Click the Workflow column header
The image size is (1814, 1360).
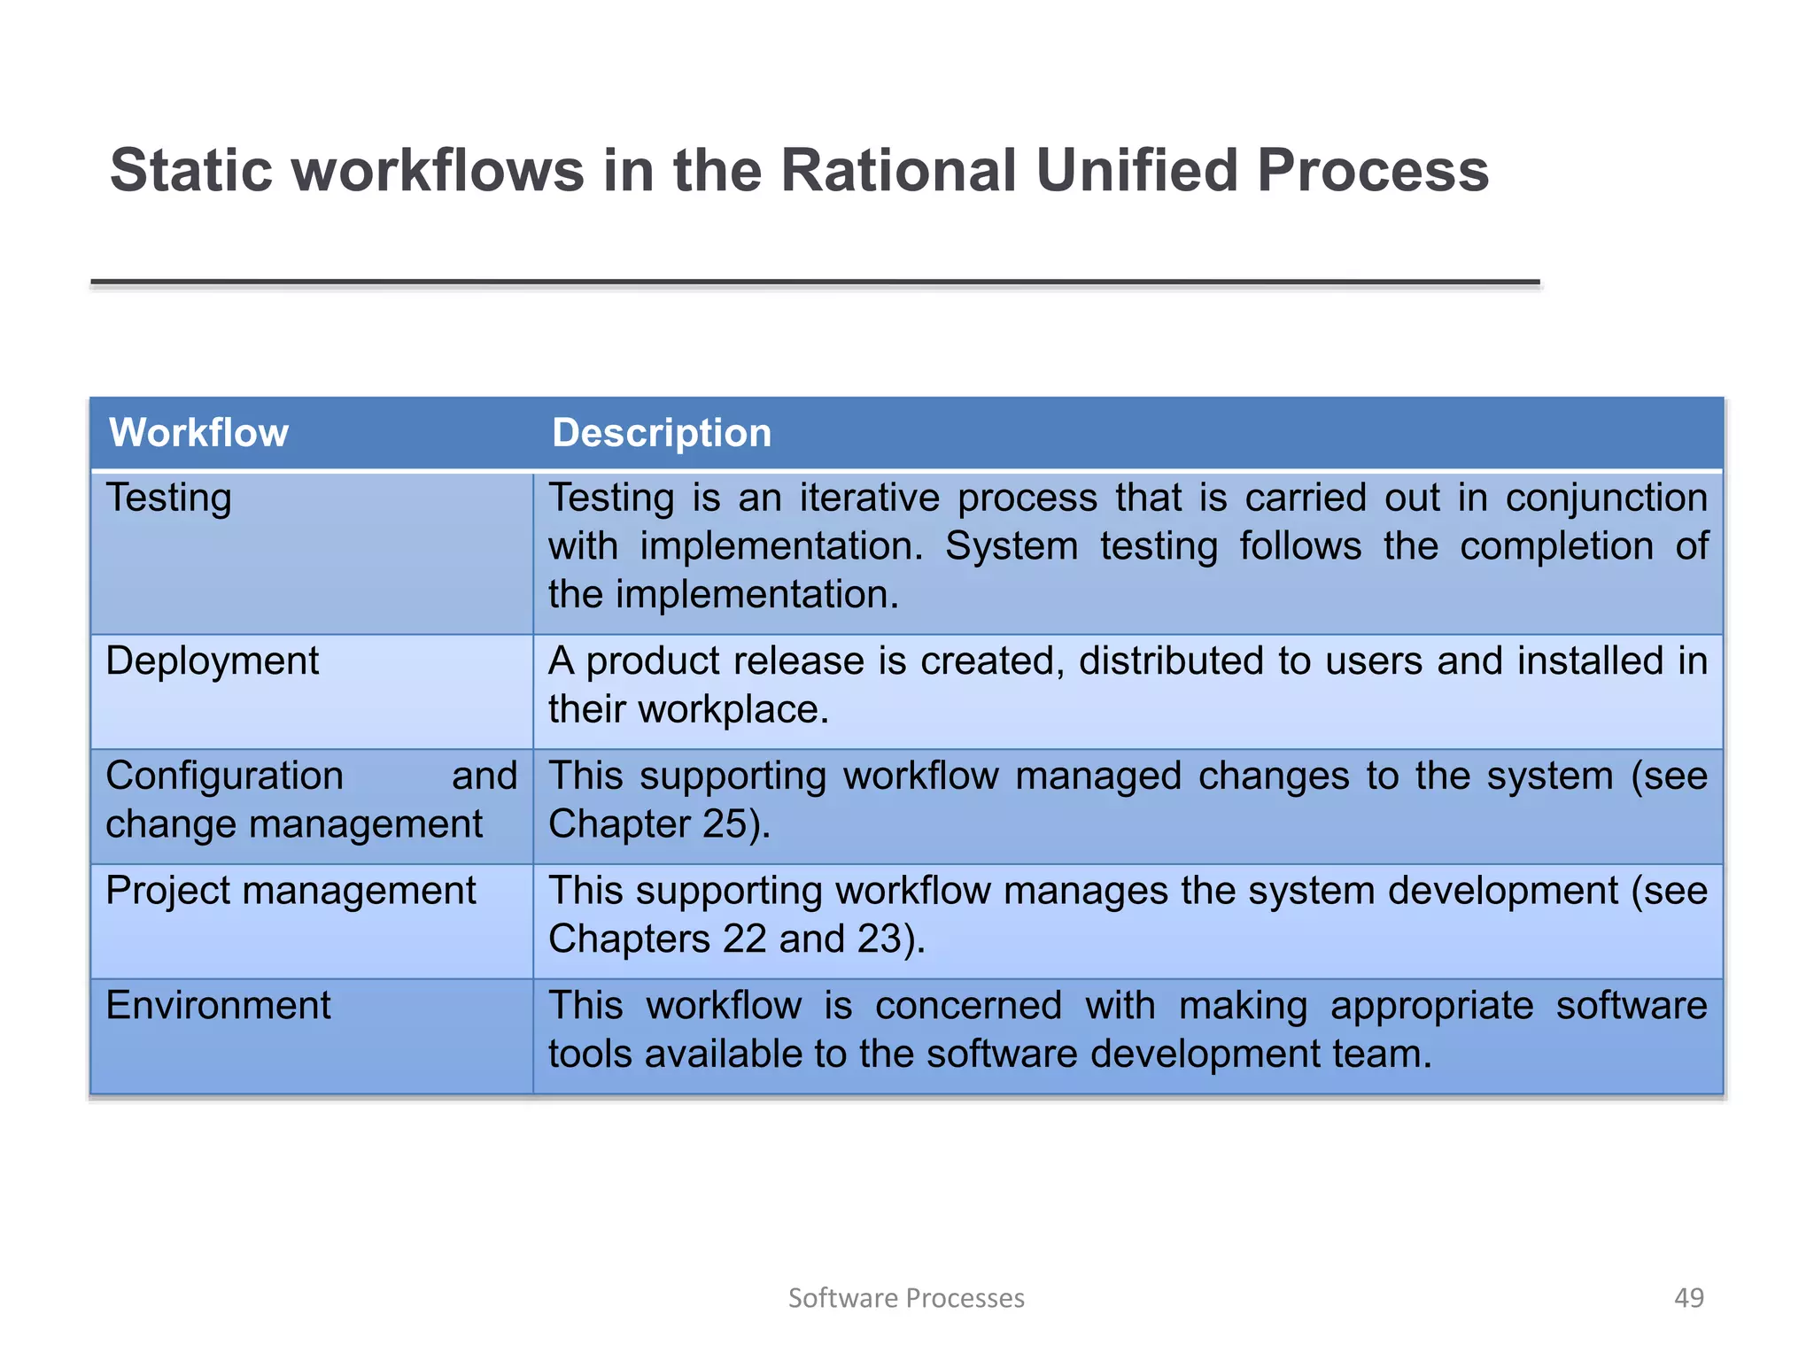(198, 433)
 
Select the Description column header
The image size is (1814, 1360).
(661, 433)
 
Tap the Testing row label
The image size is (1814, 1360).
(168, 498)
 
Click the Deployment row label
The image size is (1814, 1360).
(212, 661)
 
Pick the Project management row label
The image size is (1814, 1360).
(291, 891)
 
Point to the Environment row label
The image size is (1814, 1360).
(218, 1006)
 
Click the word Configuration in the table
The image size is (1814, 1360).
(224, 777)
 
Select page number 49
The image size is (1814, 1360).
(1688, 1297)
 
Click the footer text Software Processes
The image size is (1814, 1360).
(906, 1297)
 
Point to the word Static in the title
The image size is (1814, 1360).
(191, 170)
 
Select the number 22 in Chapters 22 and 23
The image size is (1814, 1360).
(744, 939)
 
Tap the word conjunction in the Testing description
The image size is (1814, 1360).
(1606, 498)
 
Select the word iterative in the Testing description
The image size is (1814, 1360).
(869, 498)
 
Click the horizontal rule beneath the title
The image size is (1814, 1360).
(815, 282)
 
